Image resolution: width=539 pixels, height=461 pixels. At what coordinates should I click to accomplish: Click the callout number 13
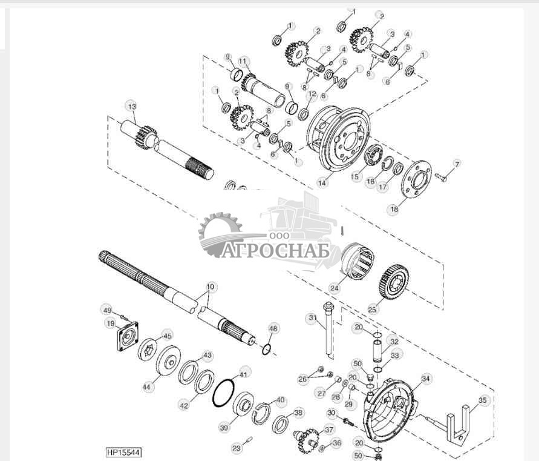coord(132,106)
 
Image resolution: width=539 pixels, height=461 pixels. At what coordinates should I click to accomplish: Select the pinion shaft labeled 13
coord(166,150)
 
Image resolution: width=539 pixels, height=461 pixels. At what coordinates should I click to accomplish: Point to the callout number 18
coord(394,208)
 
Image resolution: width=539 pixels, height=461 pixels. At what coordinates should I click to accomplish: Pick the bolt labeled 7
coord(440,176)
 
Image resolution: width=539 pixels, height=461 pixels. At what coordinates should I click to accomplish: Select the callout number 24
coord(334,288)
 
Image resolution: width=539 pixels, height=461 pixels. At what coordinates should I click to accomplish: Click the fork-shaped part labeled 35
coord(459,424)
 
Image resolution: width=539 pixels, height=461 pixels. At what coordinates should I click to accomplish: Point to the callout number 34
coord(426,379)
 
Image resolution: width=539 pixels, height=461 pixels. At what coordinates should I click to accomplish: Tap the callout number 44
coord(148,386)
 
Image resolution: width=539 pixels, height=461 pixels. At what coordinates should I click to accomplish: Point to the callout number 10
coord(210,286)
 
